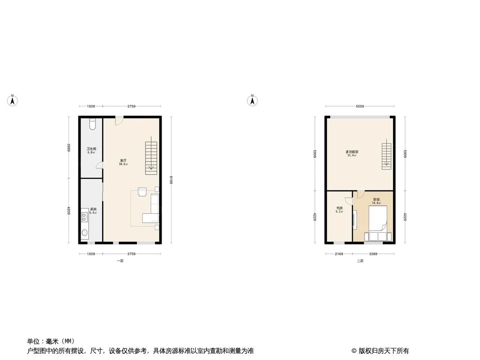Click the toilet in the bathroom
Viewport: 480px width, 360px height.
[92, 124]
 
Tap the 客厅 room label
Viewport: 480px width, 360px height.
[123, 161]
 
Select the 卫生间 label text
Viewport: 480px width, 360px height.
[91, 149]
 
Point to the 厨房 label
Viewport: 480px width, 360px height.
[93, 209]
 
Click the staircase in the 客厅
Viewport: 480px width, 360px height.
[151, 157]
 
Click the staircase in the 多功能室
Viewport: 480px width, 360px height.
[386, 156]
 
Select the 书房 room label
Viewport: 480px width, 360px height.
[340, 208]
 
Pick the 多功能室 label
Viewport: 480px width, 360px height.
[352, 152]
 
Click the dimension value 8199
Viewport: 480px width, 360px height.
[171, 180]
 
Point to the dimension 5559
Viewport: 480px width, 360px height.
[360, 106]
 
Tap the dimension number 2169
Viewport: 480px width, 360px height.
[339, 254]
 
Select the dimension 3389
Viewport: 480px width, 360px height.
[373, 254]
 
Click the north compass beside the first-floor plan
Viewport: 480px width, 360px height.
[13, 100]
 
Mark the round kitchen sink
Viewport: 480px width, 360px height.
[85, 233]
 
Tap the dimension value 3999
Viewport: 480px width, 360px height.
[69, 148]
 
